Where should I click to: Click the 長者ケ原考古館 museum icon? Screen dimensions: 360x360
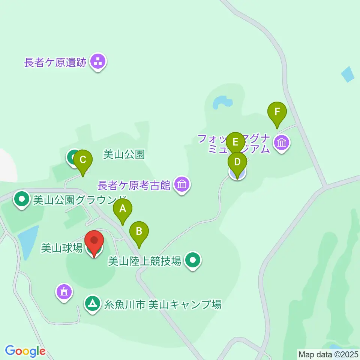(182, 184)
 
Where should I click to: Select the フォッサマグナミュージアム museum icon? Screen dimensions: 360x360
(282, 142)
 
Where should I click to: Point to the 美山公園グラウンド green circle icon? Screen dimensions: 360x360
(22, 200)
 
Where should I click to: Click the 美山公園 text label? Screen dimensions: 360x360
(124, 154)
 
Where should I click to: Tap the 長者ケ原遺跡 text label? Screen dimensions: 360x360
(55, 62)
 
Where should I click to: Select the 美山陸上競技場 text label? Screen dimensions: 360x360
(145, 260)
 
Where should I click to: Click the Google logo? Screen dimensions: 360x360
(25, 351)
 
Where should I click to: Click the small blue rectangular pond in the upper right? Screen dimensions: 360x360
(348, 74)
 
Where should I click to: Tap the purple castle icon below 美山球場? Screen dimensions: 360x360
(64, 291)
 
